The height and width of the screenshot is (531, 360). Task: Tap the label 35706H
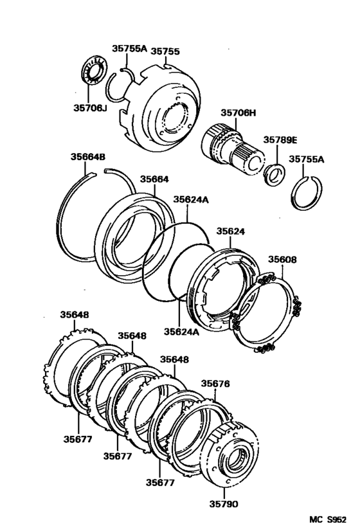[x=239, y=113]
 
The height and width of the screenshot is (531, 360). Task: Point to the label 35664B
[x=88, y=156]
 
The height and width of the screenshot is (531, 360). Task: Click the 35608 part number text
[x=282, y=260]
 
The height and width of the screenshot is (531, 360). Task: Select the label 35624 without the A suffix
[x=231, y=231]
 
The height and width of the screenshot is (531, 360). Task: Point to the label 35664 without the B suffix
[x=154, y=180]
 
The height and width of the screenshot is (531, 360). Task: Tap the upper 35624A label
[x=190, y=200]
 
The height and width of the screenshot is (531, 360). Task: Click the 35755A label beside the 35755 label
[x=129, y=48]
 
